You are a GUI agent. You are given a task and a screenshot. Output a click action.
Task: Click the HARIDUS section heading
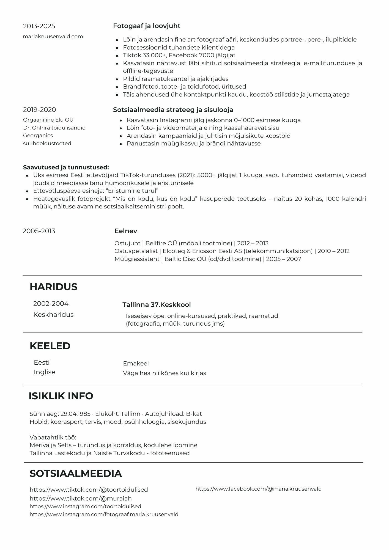(x=53, y=287)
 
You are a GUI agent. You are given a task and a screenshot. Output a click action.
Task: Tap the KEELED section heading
(x=50, y=346)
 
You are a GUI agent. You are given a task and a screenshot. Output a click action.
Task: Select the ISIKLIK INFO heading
(x=61, y=396)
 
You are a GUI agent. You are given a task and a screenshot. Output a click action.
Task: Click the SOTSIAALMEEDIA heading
(x=76, y=473)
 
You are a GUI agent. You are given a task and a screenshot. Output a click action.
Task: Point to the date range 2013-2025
(x=39, y=26)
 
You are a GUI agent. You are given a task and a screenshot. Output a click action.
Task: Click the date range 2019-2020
(x=39, y=110)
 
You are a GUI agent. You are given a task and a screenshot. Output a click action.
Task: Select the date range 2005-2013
(x=39, y=231)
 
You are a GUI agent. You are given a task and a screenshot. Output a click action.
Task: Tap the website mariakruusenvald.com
(x=53, y=37)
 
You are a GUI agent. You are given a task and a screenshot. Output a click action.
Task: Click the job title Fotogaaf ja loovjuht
(x=147, y=26)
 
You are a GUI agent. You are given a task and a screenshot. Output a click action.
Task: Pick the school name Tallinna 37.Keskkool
(x=157, y=305)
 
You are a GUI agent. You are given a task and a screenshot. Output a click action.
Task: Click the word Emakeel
(x=136, y=364)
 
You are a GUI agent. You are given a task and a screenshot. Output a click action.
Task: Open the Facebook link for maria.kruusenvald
(x=258, y=489)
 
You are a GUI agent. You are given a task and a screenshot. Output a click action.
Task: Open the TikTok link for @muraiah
(x=81, y=498)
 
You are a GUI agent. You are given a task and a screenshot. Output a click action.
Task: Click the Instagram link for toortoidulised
(x=85, y=506)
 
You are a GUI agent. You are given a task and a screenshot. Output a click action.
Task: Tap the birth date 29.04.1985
(x=75, y=414)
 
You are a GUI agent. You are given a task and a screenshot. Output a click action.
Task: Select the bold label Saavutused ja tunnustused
(x=66, y=167)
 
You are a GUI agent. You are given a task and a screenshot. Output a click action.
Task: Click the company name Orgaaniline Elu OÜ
(x=48, y=120)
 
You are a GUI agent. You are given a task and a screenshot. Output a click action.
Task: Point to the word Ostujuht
(x=127, y=243)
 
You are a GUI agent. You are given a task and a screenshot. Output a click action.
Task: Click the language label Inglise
(x=45, y=372)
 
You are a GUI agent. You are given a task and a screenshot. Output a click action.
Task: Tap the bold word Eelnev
(x=126, y=231)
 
